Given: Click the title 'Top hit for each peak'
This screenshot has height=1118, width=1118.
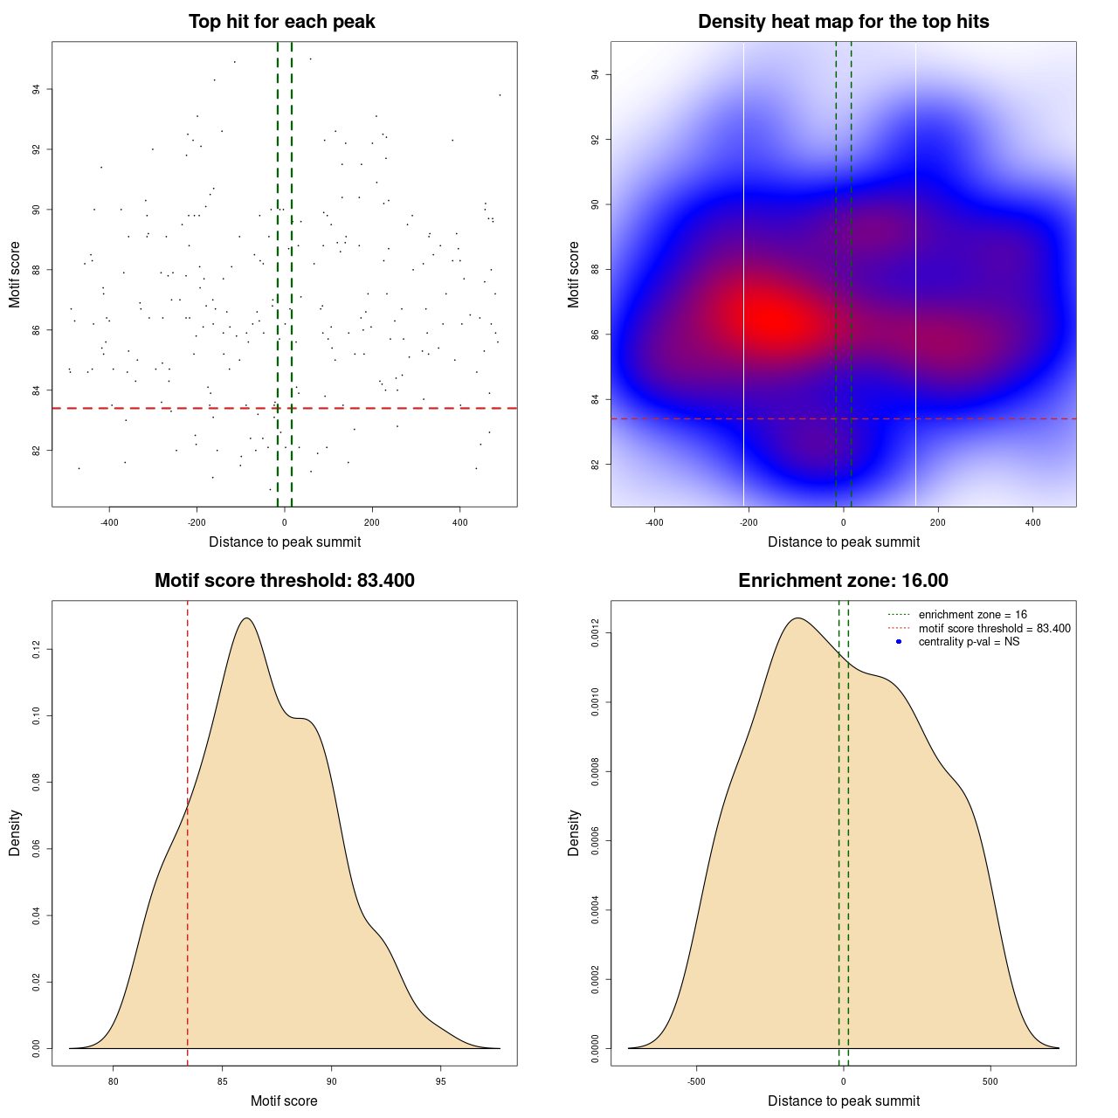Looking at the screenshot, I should (x=281, y=22).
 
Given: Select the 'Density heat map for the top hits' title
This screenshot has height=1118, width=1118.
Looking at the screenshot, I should (x=843, y=22).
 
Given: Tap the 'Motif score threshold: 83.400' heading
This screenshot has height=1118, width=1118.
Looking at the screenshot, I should (x=284, y=581).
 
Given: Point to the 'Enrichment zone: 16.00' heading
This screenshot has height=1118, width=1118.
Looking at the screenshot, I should (x=843, y=581).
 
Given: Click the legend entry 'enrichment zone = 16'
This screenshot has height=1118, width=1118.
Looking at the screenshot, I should (x=972, y=615).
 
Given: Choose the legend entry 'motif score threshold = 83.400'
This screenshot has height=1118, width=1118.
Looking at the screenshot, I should (x=994, y=629).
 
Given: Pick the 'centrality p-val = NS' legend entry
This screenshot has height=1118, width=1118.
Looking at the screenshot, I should (x=969, y=642).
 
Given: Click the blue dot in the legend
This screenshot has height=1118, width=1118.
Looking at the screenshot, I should (x=899, y=642).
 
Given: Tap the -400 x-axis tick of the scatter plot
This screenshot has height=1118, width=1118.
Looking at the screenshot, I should (x=109, y=522).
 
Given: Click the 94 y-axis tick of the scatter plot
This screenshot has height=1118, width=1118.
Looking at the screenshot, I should (x=37, y=89).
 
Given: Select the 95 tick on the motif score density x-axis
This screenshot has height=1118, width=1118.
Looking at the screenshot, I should (x=440, y=1081).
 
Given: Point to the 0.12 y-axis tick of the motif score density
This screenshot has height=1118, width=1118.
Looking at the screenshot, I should (x=37, y=650).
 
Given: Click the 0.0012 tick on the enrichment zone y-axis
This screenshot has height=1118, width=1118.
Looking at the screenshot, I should (x=595, y=632).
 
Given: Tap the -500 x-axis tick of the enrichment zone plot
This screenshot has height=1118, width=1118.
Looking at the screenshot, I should (x=696, y=1081).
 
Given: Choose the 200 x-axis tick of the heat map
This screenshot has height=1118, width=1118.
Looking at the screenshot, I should (x=938, y=522).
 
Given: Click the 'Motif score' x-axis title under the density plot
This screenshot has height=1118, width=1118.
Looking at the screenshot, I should (x=284, y=1101).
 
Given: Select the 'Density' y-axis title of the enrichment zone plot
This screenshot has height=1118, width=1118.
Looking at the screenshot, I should (x=574, y=832).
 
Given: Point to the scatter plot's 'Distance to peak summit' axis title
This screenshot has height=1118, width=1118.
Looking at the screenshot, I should (x=285, y=542).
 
